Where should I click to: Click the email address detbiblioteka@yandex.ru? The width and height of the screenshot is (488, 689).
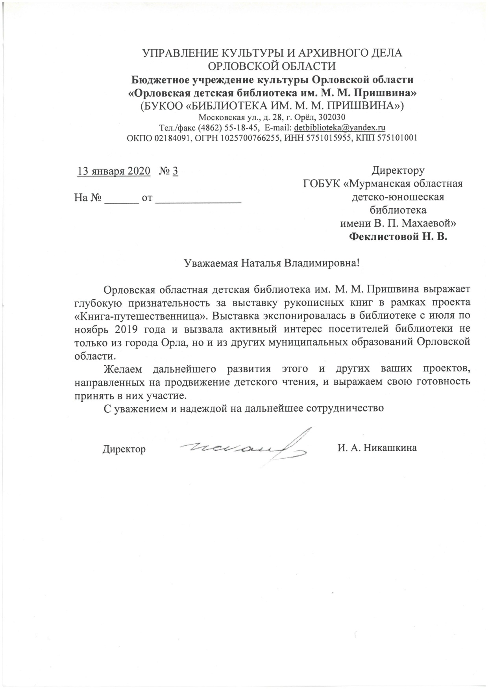pos(340,127)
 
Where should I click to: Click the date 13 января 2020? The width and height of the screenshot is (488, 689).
pos(114,171)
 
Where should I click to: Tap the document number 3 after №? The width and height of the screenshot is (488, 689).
pos(175,171)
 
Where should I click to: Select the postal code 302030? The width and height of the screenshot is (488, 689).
pos(332,117)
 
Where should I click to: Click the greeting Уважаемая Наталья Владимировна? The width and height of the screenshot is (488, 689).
pos(272,263)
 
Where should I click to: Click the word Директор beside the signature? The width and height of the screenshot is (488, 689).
pos(124,449)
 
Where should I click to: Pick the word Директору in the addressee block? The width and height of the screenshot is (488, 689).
pos(398,171)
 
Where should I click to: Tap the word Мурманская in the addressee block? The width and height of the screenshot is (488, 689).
pos(381,184)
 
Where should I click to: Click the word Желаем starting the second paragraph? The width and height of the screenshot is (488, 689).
pos(122,369)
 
